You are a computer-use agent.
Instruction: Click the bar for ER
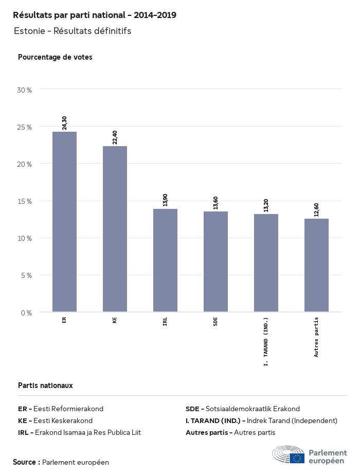(x=64, y=222)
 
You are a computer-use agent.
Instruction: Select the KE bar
(x=115, y=229)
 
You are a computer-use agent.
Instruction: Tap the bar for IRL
(x=165, y=260)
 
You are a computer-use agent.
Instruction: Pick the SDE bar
(x=215, y=261)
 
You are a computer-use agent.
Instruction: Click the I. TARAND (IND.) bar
(x=266, y=263)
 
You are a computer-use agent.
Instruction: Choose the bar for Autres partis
(x=316, y=265)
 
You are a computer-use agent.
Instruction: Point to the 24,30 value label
(x=65, y=123)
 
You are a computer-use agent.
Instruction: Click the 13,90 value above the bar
(x=166, y=200)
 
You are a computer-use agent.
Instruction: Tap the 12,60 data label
(x=317, y=210)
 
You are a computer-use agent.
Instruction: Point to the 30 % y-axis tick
(x=25, y=90)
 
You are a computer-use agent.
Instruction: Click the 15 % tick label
(x=25, y=201)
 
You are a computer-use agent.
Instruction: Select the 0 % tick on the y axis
(x=26, y=312)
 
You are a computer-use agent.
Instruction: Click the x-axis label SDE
(x=215, y=322)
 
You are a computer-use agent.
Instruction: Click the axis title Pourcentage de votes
(x=55, y=57)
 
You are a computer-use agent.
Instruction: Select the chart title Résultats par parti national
(x=95, y=15)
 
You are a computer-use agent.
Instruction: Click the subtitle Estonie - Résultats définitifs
(x=73, y=31)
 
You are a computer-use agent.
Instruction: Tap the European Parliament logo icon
(x=289, y=456)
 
